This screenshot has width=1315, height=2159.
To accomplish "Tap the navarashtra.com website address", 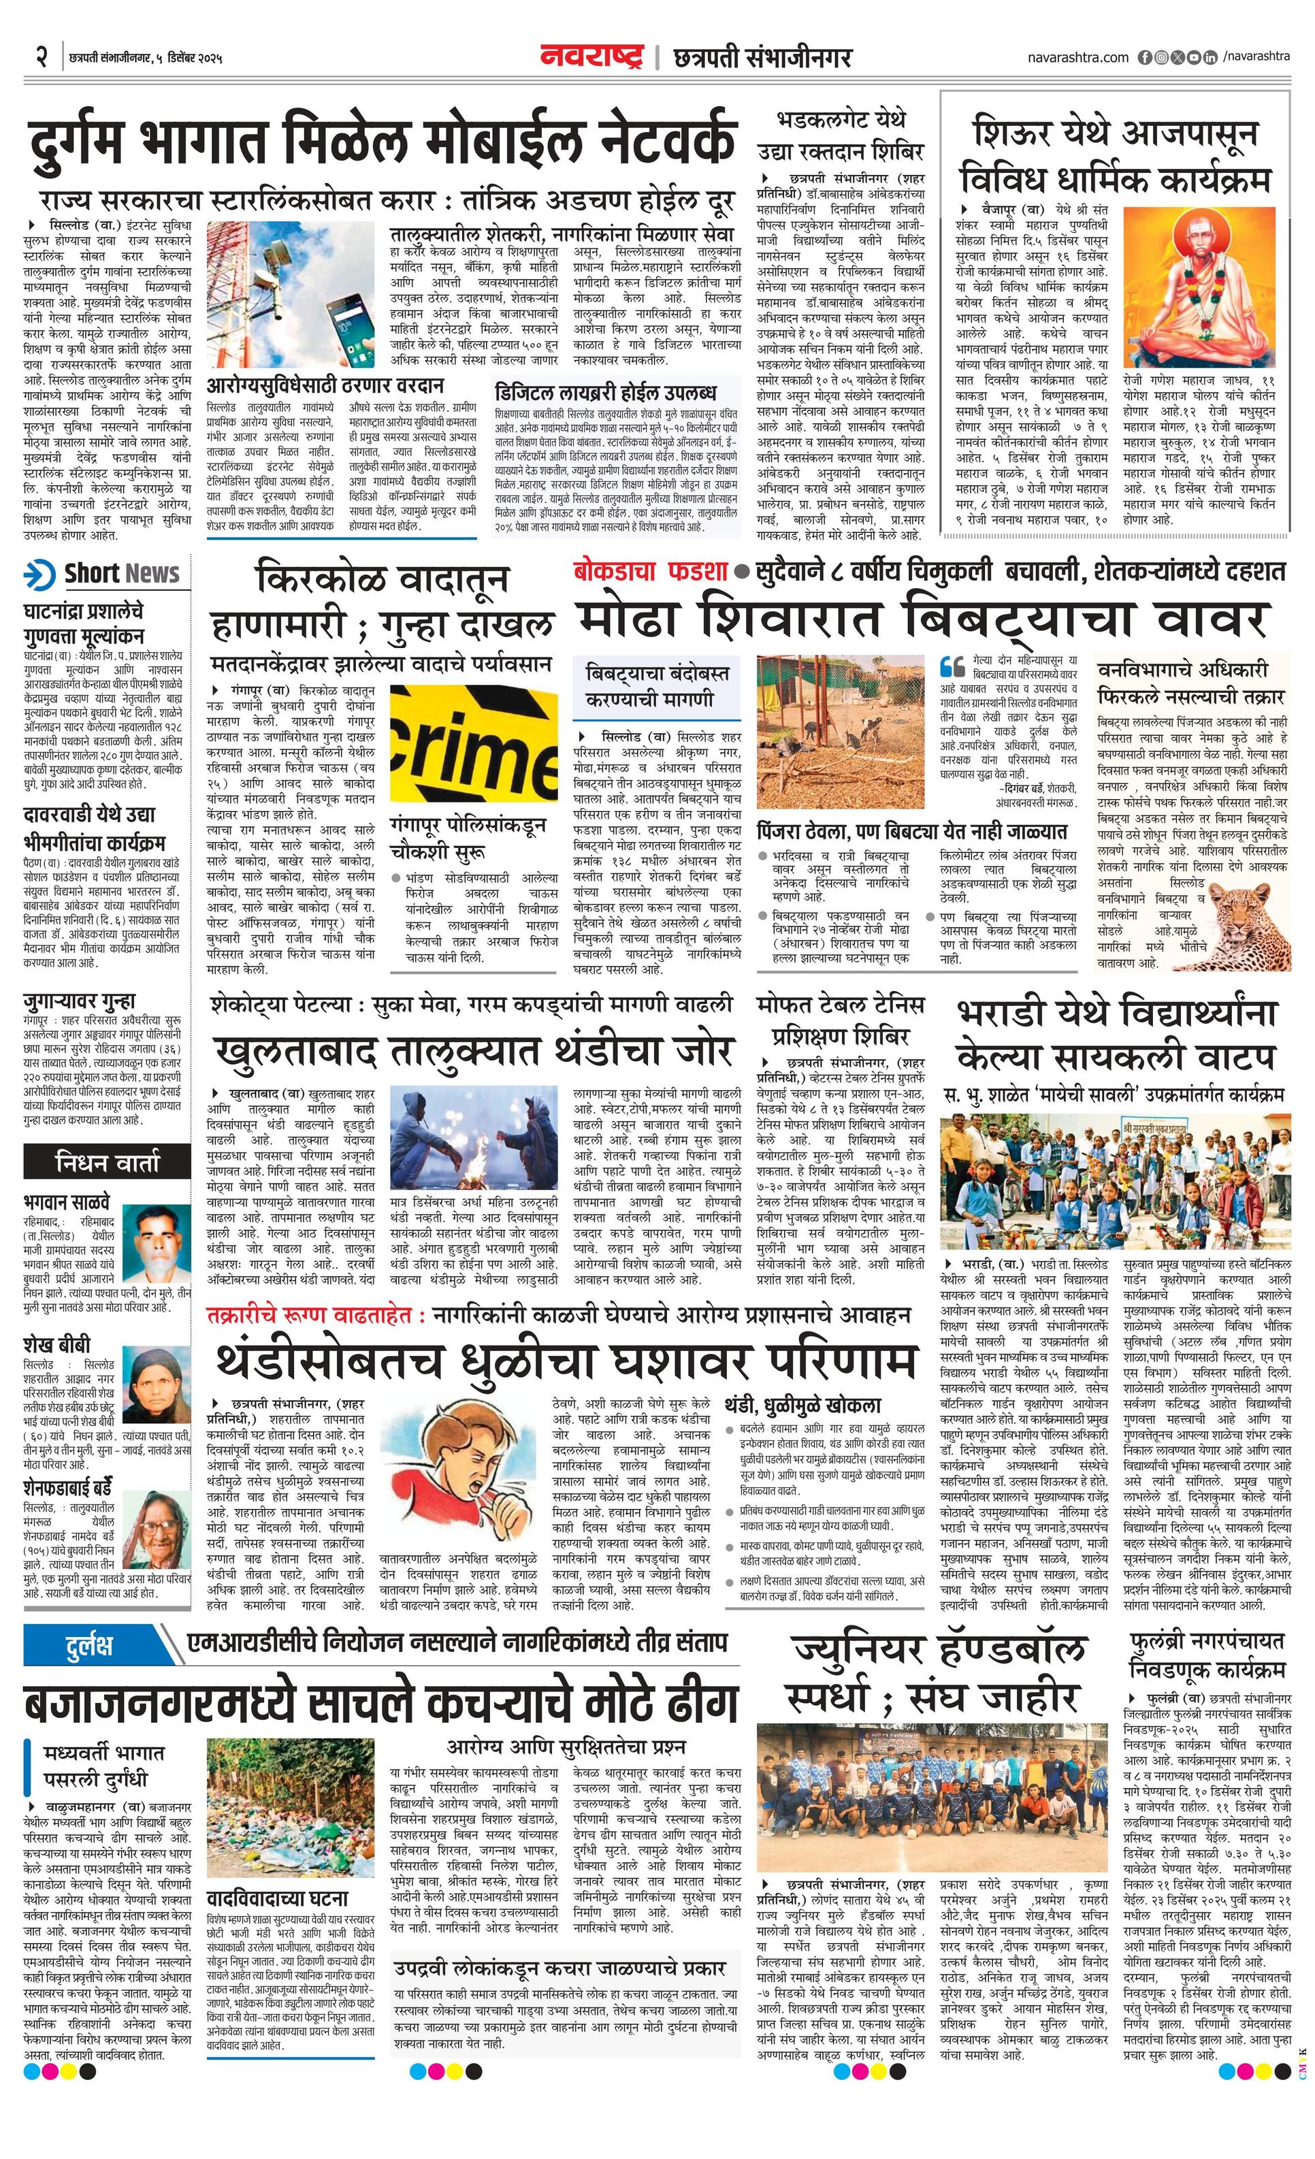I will [x=1077, y=58].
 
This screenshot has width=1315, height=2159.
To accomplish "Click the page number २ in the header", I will [x=40, y=58].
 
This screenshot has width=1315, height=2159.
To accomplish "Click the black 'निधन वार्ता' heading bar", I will [x=107, y=1162].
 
